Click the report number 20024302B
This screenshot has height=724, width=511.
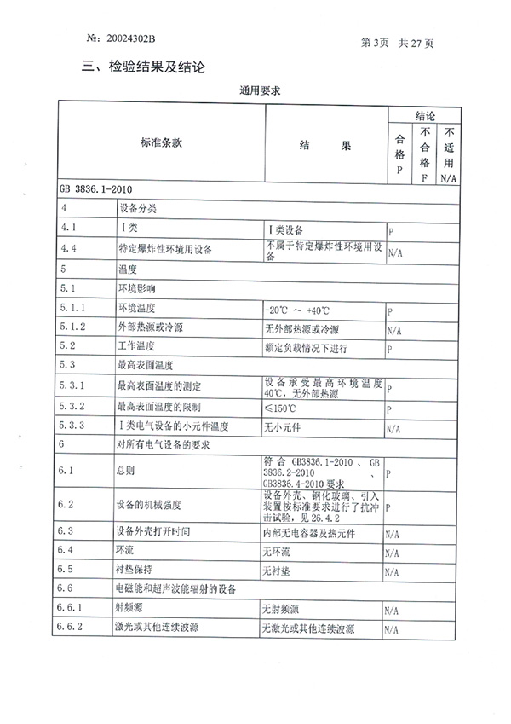coord(129,39)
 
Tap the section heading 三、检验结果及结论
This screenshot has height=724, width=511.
coord(144,67)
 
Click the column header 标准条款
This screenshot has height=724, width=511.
coord(161,146)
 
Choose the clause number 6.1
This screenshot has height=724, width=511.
coord(69,470)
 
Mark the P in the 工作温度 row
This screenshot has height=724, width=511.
coord(390,350)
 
